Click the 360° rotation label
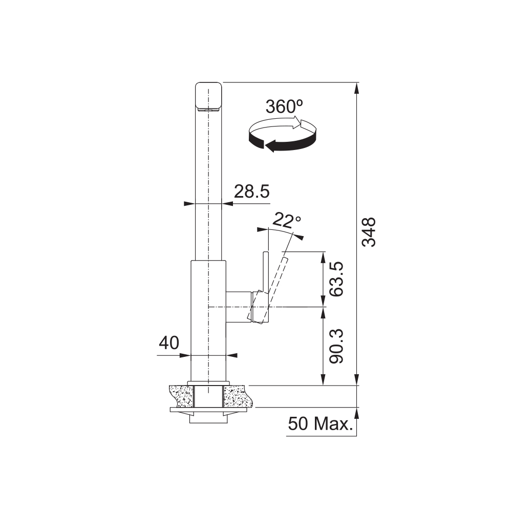[x=284, y=106]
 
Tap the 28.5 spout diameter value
[x=252, y=191]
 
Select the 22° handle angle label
[x=286, y=221]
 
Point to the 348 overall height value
[x=369, y=232]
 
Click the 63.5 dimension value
[x=336, y=279]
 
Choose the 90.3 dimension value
[x=336, y=346]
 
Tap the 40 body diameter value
[x=169, y=343]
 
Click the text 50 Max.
[x=321, y=424]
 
